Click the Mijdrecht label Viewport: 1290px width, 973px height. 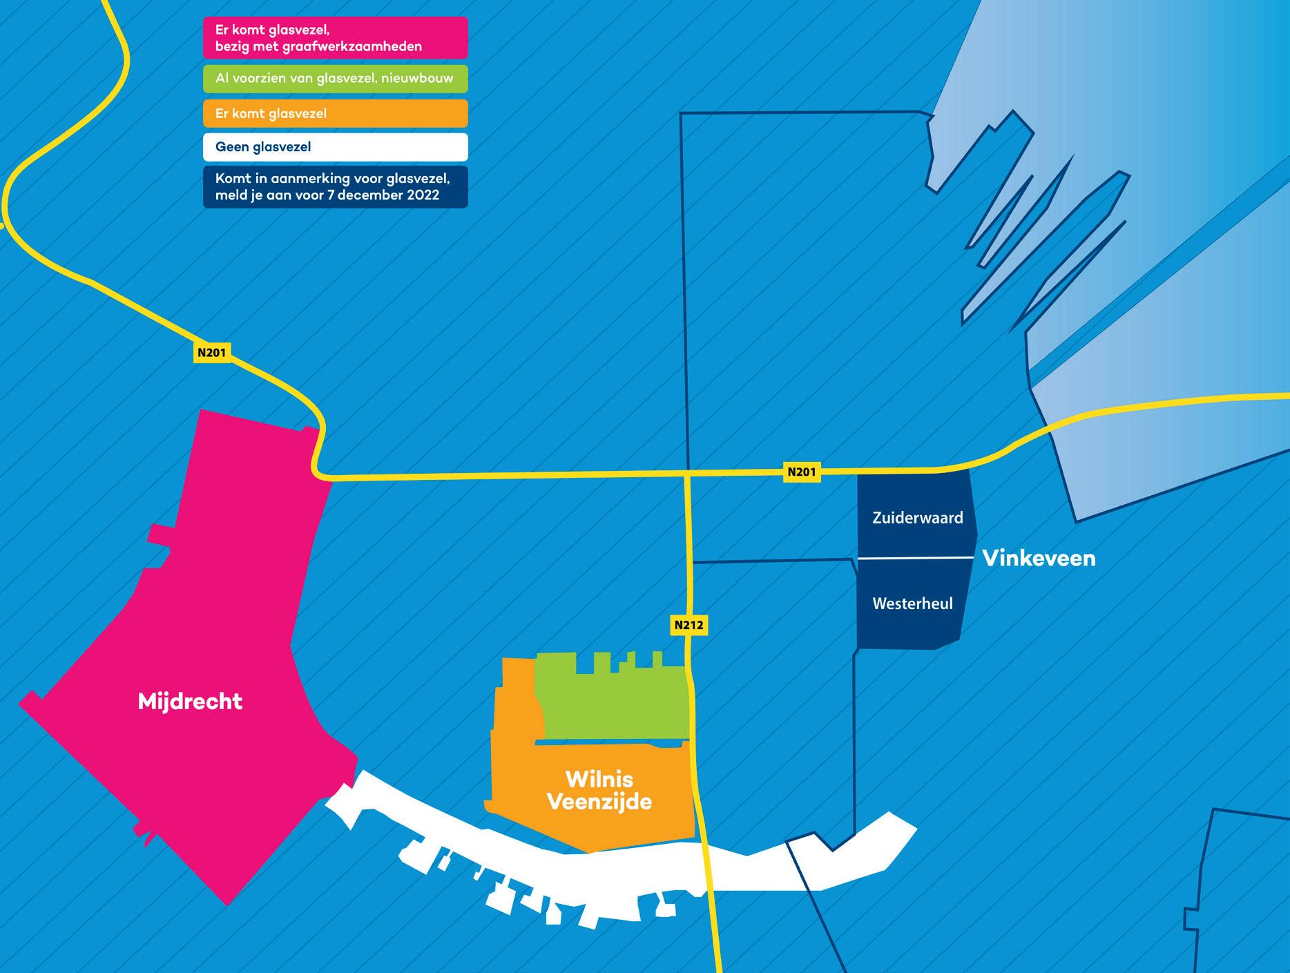pos(190,702)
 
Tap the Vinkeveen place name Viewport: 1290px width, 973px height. pos(1039,558)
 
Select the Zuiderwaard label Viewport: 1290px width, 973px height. pos(917,518)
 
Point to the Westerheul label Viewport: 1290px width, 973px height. pos(912,604)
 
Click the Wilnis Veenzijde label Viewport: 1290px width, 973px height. pos(599,791)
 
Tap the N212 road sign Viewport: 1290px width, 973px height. pos(689,625)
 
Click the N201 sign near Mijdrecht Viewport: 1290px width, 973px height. pos(211,353)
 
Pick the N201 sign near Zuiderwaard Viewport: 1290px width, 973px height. pos(801,472)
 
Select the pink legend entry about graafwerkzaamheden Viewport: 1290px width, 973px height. pos(335,38)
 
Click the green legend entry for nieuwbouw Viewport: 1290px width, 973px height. pos(335,79)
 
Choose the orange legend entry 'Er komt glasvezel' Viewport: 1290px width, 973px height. pos(335,113)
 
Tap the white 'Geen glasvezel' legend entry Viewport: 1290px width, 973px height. pos(335,147)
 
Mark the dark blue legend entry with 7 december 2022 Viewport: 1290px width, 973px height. pos(335,186)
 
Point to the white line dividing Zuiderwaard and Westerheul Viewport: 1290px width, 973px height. pos(915,558)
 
